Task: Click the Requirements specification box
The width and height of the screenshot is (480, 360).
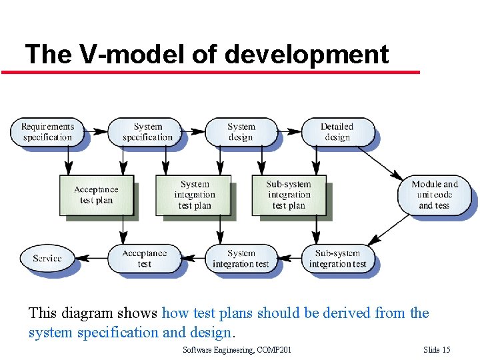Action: click(x=47, y=132)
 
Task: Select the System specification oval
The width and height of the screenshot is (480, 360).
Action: click(x=147, y=132)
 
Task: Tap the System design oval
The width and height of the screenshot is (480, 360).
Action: click(x=241, y=132)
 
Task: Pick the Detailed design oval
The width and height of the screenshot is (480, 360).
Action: click(x=337, y=132)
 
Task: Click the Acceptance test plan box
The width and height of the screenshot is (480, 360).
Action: click(x=96, y=195)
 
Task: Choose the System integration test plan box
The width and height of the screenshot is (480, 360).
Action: click(x=194, y=195)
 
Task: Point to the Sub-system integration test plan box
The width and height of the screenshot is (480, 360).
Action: click(x=288, y=195)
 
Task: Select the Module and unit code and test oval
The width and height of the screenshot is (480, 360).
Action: click(x=434, y=195)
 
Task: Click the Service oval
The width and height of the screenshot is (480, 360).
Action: click(x=47, y=259)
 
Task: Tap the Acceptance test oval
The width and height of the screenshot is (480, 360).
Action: click(x=144, y=259)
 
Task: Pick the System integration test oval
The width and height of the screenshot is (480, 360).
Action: click(x=241, y=259)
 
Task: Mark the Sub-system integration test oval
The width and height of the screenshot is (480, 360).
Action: click(x=337, y=259)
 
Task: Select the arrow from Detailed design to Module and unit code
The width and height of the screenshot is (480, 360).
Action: click(x=379, y=163)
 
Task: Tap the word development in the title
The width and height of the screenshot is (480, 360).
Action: click(x=307, y=54)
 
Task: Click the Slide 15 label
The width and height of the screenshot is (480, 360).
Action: click(x=437, y=350)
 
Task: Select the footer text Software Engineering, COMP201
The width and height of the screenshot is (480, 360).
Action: click(x=237, y=350)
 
